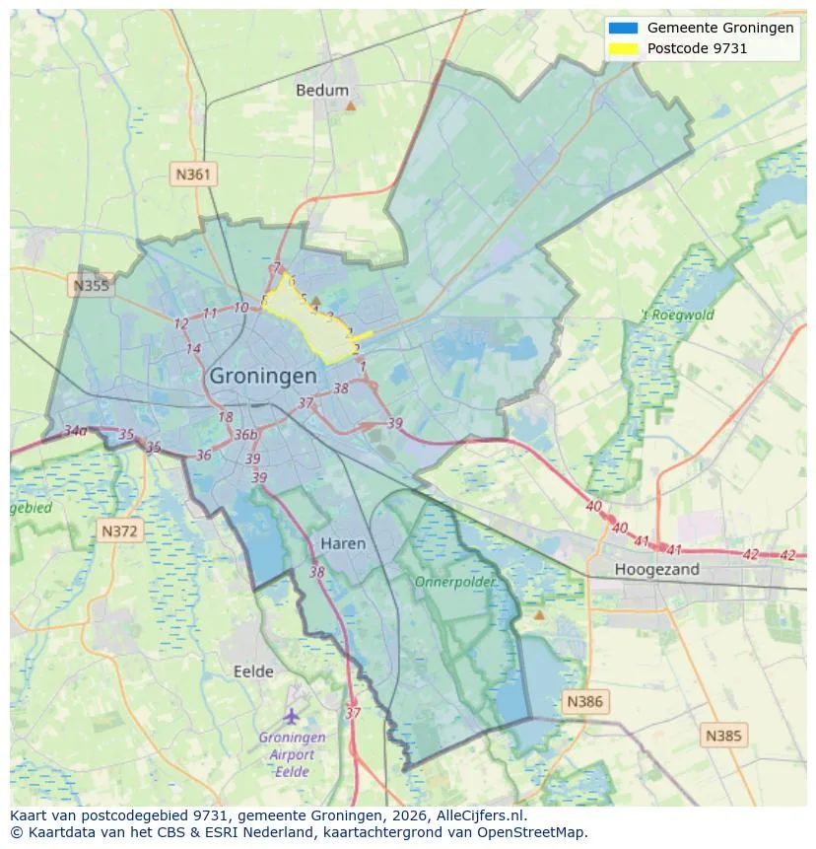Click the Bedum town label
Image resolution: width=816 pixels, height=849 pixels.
[x=322, y=90]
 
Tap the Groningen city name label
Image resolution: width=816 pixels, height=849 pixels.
[x=263, y=376]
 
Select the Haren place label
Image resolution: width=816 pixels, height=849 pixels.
[x=343, y=543]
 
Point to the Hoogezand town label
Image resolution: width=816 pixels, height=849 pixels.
[x=656, y=569]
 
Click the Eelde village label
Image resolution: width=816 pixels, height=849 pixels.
[x=253, y=672]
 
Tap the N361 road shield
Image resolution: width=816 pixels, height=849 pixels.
[x=193, y=175]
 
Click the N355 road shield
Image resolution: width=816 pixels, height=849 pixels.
[x=92, y=286]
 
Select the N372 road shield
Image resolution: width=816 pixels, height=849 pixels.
[x=121, y=531]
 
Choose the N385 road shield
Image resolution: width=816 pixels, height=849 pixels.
[x=724, y=735]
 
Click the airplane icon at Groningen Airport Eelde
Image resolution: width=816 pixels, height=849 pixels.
[x=291, y=715]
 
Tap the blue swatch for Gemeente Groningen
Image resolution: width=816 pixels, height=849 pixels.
[x=624, y=28]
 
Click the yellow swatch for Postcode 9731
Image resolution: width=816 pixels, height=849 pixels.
[x=624, y=48]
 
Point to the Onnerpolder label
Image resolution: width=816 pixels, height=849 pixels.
[x=455, y=582]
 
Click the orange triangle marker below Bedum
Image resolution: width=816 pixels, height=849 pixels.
[x=350, y=105]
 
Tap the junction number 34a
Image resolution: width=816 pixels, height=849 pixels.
[x=75, y=431]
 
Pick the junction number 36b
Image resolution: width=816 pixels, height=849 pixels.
[x=245, y=435]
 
